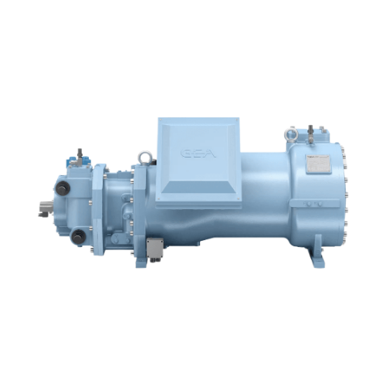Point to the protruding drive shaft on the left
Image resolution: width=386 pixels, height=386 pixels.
[45, 206]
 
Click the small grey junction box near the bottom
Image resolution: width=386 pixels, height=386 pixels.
[154, 248]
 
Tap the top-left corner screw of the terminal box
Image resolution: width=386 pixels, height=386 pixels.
[161, 123]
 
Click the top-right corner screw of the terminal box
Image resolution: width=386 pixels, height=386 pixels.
[233, 123]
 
